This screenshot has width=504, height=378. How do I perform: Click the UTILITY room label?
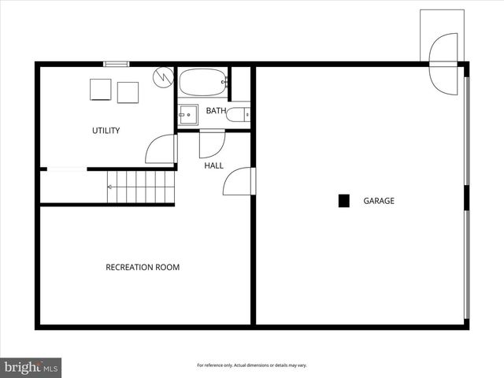coord(106,131)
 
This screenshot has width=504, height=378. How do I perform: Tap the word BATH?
coord(216,111)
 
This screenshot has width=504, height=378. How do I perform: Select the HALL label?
coord(213,166)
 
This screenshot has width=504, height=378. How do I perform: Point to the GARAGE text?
coord(379,201)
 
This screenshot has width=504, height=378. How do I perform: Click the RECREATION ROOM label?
coord(143,268)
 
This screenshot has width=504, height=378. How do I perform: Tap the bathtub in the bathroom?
coord(202,82)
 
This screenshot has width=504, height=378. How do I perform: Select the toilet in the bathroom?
coord(237,115)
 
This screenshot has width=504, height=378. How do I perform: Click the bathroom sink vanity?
coord(187,115)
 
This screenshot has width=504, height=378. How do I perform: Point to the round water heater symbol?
coord(163,76)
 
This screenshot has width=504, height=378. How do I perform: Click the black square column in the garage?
coord(343,201)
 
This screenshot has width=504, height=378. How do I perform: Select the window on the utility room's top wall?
coord(117,64)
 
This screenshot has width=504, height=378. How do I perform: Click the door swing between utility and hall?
coord(162,150)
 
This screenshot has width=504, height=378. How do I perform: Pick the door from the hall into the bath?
coord(211,143)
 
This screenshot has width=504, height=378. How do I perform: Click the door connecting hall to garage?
coord(239,182)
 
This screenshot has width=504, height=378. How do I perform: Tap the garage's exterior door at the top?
coord(443,63)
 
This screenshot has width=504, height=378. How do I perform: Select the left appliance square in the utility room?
coord(100,90)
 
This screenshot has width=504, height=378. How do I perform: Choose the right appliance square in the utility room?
coord(128,92)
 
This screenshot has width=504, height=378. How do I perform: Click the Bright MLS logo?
coord(31,367)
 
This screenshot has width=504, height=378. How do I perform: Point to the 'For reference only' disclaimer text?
coord(251,365)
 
